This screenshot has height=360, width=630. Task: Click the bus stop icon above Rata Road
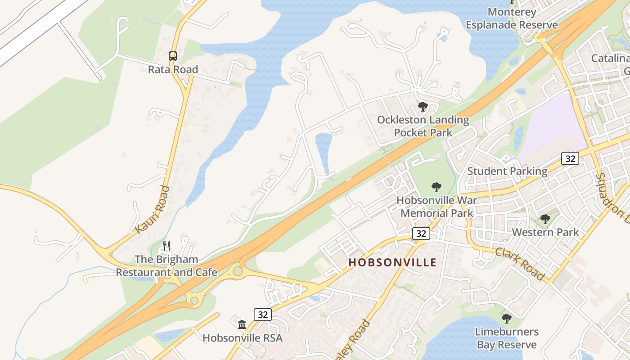[x=173, y=56]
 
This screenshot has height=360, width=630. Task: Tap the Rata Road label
[x=173, y=69]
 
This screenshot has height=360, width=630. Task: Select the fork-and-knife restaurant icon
[x=166, y=246]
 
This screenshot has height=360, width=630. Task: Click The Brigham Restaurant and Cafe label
[x=166, y=266]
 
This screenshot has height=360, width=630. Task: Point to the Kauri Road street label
[x=152, y=210]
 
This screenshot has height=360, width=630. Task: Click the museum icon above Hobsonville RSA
[x=242, y=324]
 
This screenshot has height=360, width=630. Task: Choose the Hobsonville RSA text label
[x=242, y=337]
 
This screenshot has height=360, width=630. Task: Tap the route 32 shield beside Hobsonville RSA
[x=263, y=315]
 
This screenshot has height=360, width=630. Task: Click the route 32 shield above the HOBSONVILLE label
[x=421, y=233]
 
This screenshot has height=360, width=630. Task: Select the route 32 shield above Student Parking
[x=570, y=158]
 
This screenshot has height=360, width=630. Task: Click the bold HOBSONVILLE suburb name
[x=392, y=262]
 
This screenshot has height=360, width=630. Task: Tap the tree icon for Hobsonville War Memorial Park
[x=436, y=187]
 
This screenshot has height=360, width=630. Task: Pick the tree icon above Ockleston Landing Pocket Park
[x=423, y=107]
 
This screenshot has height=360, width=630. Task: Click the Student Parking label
[x=507, y=171]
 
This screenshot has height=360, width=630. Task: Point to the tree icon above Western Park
[x=545, y=219]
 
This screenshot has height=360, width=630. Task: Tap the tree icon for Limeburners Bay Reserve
[x=507, y=319]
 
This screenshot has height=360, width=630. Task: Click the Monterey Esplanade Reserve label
[x=512, y=18]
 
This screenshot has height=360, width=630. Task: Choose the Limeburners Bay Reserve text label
[x=507, y=338]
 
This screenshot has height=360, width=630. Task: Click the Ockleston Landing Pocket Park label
[x=423, y=126]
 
